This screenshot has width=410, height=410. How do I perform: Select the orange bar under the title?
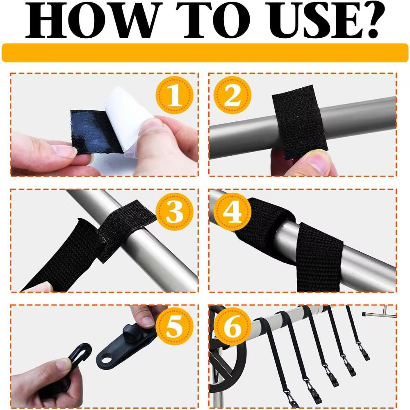click(x=205, y=53)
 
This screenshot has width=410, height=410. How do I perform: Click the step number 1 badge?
click(x=174, y=95)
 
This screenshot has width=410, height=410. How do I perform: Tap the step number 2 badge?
click(x=232, y=95)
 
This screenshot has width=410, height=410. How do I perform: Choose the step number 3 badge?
click(x=174, y=211)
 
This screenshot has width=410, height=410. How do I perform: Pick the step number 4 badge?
click(x=232, y=211)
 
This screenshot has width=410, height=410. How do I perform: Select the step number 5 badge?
click(x=174, y=326)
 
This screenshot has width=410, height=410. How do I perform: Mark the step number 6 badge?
click(x=232, y=326)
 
